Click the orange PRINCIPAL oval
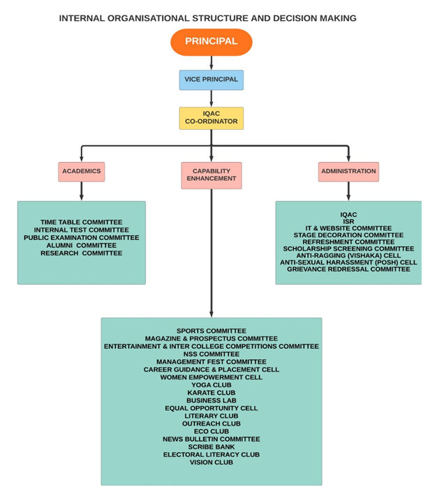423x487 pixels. pyautogui.click(x=211, y=42)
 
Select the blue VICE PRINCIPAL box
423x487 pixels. pyautogui.click(x=211, y=80)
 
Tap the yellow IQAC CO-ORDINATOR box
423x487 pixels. pyautogui.click(x=211, y=117)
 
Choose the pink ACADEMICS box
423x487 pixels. pyautogui.click(x=82, y=171)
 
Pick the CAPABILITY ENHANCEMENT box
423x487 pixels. pyautogui.click(x=211, y=174)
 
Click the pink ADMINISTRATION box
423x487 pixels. pyautogui.click(x=348, y=171)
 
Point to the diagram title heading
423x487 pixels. pyautogui.click(x=207, y=17)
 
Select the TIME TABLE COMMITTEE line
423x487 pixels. pyautogui.click(x=81, y=222)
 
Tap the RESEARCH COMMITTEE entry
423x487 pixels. pyautogui.click(x=81, y=253)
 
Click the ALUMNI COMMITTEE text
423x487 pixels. pyautogui.click(x=81, y=246)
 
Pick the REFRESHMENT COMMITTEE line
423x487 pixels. pyautogui.click(x=348, y=241)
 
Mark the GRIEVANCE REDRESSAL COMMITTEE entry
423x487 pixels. pyautogui.click(x=348, y=269)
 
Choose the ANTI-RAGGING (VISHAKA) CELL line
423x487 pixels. pyautogui.click(x=348, y=255)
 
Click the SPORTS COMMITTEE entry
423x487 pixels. pyautogui.click(x=211, y=331)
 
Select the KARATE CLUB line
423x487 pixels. pyautogui.click(x=211, y=393)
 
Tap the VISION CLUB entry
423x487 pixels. pyautogui.click(x=211, y=462)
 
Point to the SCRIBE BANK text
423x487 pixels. pyautogui.click(x=211, y=447)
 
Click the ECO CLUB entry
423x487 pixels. pyautogui.click(x=211, y=431)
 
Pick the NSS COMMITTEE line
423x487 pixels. pyautogui.click(x=211, y=354)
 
